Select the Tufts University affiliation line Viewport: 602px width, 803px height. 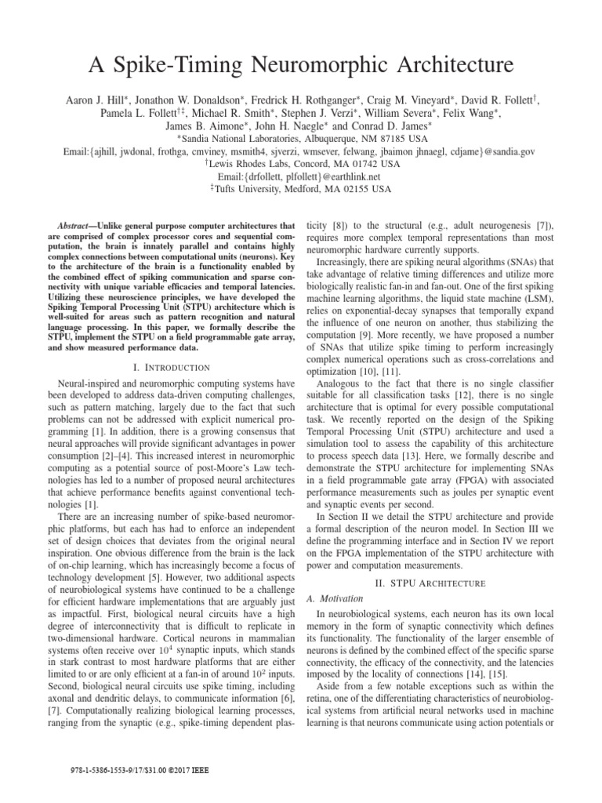tap(300, 190)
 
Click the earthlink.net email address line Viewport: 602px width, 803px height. tap(301, 177)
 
